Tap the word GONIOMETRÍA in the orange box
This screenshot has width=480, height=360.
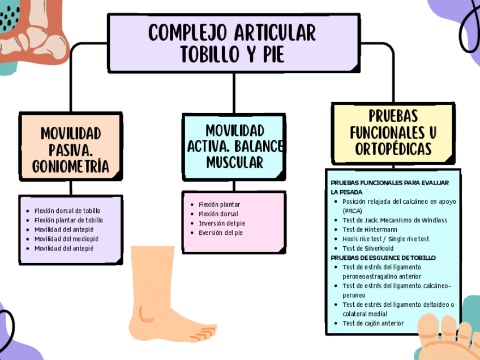(x=71, y=165)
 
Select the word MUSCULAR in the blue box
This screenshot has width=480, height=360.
(x=234, y=162)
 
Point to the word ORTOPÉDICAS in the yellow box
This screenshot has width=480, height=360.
(x=393, y=149)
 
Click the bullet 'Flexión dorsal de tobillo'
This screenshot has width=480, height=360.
(x=67, y=211)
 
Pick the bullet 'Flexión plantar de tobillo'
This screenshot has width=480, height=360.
(x=68, y=220)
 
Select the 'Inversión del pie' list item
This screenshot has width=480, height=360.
(x=221, y=223)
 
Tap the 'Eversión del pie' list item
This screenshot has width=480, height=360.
(x=220, y=233)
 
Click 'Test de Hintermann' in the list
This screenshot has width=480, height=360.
(x=370, y=229)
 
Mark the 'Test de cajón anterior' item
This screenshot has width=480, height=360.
(x=373, y=323)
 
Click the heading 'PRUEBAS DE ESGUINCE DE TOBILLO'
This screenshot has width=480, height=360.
(x=383, y=258)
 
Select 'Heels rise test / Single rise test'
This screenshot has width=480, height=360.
(x=385, y=239)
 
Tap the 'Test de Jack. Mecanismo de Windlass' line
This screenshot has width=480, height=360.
(x=395, y=220)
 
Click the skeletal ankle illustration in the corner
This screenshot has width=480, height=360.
(x=28, y=28)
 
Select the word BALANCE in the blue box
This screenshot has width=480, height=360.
(x=259, y=146)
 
